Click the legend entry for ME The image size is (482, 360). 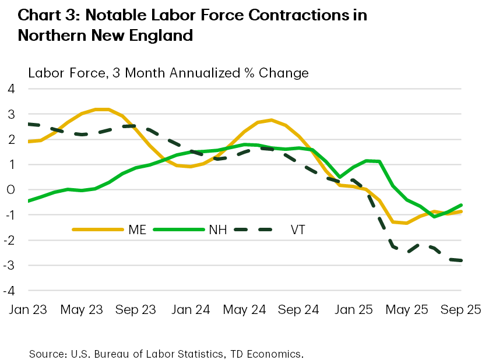coord(134,230)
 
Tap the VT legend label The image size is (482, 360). coord(297,230)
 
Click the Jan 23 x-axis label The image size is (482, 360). coord(28,309)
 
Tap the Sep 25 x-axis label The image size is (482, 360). coord(460,309)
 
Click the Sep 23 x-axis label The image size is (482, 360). coord(136,309)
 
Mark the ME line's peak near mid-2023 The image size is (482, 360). coord(100,109)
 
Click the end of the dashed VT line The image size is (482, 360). coord(460,260)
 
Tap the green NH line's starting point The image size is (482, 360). coord(29,201)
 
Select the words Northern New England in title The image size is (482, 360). coord(105,36)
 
